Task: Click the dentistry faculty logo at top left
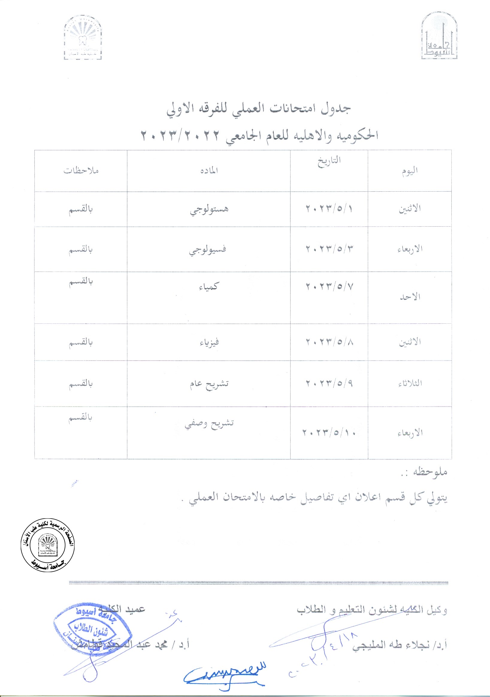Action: [83, 38]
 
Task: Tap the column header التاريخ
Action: [329, 161]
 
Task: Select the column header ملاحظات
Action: [81, 171]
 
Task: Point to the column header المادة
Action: [209, 171]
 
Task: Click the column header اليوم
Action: [409, 171]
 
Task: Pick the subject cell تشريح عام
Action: [209, 384]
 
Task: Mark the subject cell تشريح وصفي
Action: [209, 423]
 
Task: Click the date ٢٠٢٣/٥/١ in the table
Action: [329, 209]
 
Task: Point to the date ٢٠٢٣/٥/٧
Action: [329, 286]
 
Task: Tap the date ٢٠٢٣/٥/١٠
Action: [329, 432]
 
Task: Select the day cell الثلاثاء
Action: [410, 384]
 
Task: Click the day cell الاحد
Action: [409, 297]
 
